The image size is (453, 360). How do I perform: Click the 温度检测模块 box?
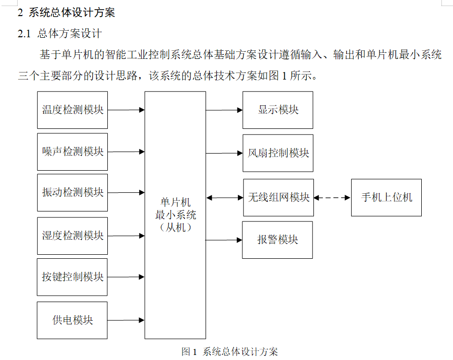click(x=73, y=110)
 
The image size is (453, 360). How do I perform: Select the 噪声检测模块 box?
click(x=73, y=152)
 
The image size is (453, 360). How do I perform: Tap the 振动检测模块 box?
click(x=73, y=192)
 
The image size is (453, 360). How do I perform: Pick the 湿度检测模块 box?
click(x=73, y=235)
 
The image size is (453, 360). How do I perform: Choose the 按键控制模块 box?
click(x=73, y=277)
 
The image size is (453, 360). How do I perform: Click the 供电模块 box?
click(x=73, y=320)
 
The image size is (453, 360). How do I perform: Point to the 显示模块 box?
click(x=278, y=110)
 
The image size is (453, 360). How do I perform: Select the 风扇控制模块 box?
click(x=278, y=153)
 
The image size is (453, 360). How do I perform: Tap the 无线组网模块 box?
click(x=278, y=197)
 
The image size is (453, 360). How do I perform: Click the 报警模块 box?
click(x=278, y=240)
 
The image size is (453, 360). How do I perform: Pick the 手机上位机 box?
click(x=386, y=197)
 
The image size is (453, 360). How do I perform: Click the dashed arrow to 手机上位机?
click(x=332, y=198)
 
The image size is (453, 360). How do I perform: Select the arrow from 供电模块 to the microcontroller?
click(x=126, y=320)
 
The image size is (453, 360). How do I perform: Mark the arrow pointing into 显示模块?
click(x=224, y=110)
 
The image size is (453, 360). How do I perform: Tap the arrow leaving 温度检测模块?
click(x=126, y=110)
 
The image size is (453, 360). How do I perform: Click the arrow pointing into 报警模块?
click(x=224, y=240)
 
